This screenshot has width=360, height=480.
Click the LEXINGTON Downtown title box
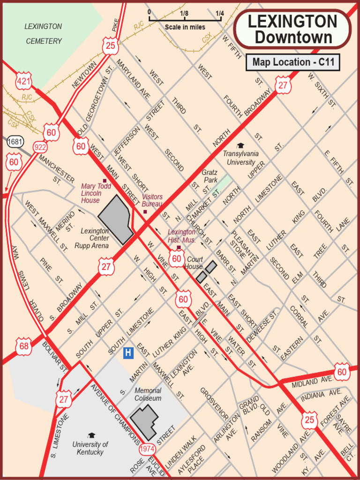292,29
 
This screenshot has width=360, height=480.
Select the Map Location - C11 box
292,62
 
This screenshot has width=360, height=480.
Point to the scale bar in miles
185,20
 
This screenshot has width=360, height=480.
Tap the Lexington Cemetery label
44,34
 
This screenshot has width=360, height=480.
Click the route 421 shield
23,82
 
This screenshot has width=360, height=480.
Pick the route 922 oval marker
40,147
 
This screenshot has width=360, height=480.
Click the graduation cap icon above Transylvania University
240,145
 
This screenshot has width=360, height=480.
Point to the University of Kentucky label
90,448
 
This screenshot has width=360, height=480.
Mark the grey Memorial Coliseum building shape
144,420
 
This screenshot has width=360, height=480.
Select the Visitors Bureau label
152,201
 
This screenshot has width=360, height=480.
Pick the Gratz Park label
210,176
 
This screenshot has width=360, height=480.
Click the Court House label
195,263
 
